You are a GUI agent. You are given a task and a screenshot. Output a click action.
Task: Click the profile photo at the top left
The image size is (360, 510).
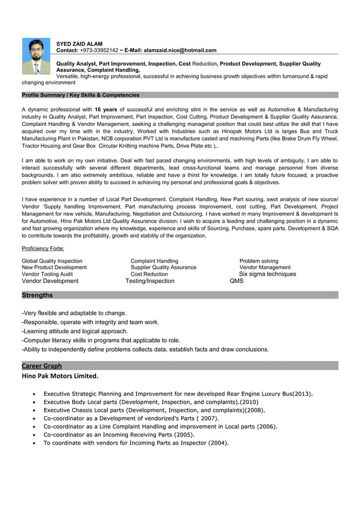[x=36, y=56]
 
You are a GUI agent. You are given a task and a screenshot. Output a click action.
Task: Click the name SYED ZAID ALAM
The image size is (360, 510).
[x=80, y=43]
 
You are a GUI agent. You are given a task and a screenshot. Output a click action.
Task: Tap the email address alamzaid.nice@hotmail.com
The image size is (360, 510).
[x=180, y=50]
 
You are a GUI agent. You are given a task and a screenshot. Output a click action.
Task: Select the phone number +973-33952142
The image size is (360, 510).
[x=99, y=50]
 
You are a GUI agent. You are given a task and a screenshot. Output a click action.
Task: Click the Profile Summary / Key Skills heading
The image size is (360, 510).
[x=80, y=95]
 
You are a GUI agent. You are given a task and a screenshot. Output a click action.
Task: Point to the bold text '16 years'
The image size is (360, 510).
[x=106, y=109]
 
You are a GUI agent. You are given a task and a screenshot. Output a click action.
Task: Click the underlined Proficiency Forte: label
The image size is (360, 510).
[x=43, y=249]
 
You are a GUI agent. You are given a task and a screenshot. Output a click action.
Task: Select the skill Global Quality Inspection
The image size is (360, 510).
[x=52, y=261]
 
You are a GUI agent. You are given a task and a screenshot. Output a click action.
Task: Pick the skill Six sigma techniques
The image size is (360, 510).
[x=267, y=274]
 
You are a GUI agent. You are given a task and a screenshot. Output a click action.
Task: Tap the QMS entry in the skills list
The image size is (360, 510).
[x=236, y=281]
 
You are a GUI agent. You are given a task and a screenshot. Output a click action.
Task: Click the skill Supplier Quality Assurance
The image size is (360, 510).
[x=164, y=267]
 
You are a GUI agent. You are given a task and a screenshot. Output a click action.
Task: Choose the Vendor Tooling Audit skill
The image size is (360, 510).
[x=47, y=274]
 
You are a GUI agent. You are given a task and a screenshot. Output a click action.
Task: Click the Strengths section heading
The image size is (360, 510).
[x=37, y=295]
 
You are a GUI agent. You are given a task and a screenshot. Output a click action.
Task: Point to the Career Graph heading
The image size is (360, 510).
[x=42, y=366]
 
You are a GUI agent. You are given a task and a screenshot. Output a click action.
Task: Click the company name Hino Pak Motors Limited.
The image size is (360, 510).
[x=60, y=376]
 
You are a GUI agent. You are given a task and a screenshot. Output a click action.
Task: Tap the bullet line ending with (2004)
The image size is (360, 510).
[x=136, y=443]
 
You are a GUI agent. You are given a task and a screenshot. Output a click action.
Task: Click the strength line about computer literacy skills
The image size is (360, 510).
[x=100, y=340]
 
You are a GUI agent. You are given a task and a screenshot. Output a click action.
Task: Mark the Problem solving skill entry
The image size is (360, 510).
[x=259, y=261]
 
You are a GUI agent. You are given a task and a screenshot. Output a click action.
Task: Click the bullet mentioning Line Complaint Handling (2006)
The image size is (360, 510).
[x=160, y=426]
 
